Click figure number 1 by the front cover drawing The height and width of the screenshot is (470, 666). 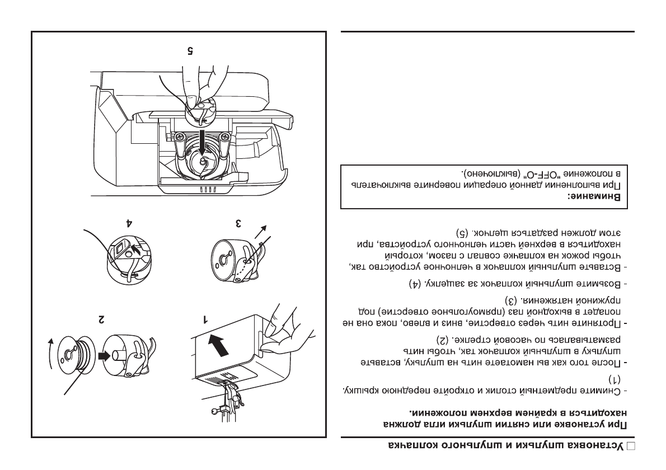[x=205, y=319]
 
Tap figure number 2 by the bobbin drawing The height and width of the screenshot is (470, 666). [x=101, y=319]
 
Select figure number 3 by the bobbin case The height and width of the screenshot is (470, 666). [x=238, y=223]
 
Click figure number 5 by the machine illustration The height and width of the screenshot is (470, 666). [x=190, y=50]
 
